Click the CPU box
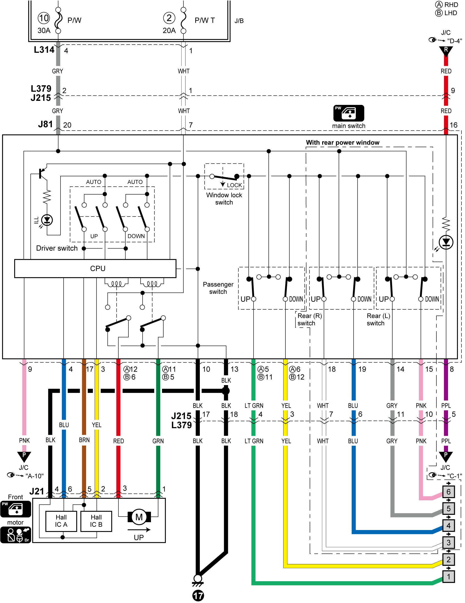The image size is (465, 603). [95, 268]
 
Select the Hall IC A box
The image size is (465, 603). [61, 521]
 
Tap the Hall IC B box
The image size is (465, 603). [96, 521]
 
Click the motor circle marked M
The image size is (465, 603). [139, 517]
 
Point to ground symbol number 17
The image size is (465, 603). [198, 596]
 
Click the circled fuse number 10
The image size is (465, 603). [44, 18]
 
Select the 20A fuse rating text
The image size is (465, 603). [169, 30]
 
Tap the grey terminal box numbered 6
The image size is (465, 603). [449, 492]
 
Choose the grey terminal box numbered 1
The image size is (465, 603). [449, 576]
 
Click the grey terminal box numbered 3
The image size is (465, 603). [449, 542]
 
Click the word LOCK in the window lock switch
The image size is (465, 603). [234, 185]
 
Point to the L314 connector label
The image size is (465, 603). [44, 50]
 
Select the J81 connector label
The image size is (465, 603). [45, 124]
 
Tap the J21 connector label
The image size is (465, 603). [37, 491]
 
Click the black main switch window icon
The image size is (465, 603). [348, 113]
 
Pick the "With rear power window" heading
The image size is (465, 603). [342, 142]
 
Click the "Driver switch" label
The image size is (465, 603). [57, 248]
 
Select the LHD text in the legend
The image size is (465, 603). [450, 13]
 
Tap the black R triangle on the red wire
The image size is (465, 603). [446, 51]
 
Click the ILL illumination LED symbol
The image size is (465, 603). [47, 220]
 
